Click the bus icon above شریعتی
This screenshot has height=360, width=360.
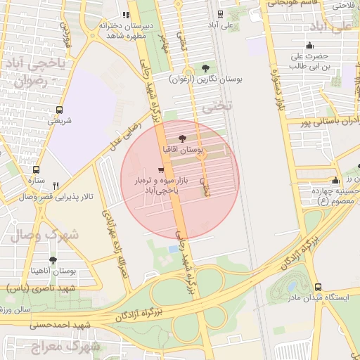(59, 110)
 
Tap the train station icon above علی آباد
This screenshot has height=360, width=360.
(221, 14)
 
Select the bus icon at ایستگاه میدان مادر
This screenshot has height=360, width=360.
(319, 287)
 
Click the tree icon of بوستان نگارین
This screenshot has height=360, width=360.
(205, 68)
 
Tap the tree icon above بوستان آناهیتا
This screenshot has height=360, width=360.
(53, 259)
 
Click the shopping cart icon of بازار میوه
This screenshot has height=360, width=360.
(161, 170)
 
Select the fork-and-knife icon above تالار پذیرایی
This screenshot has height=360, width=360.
(56, 186)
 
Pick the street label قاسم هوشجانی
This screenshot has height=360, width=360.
(289, 4)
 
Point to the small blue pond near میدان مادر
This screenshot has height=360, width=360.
(173, 249)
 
